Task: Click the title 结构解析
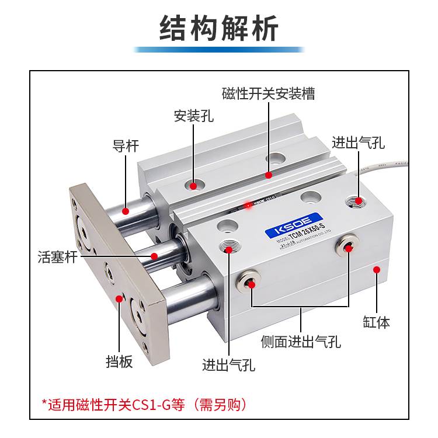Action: [219, 29]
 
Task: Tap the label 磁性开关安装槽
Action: [268, 94]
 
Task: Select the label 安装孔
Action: [194, 116]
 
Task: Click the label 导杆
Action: [126, 145]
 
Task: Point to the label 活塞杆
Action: [57, 256]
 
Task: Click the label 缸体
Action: [376, 321]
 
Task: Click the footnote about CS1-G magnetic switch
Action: [144, 404]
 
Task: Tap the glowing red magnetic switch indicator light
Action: [248, 205]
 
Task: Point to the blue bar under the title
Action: [219, 50]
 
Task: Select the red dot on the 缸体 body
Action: [377, 269]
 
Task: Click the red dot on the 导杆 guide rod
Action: [126, 210]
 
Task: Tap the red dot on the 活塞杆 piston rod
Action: [154, 256]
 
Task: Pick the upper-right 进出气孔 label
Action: [358, 143]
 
